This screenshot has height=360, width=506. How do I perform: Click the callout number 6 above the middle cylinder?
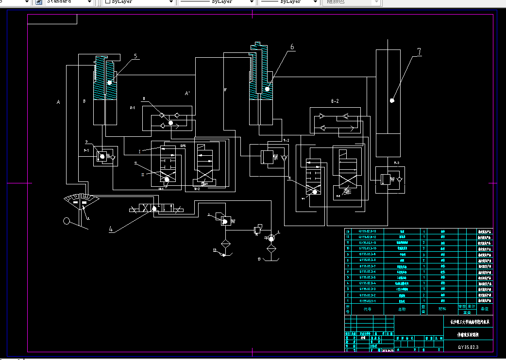tap(292, 47)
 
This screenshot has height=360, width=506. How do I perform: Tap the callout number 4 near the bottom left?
tap(111, 229)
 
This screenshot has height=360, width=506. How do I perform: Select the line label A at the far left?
tap(58, 102)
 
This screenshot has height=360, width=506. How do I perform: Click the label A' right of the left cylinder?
tap(187, 93)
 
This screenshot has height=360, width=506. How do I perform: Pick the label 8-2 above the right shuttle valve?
tap(335, 101)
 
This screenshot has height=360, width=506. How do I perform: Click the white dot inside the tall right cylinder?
tap(392, 100)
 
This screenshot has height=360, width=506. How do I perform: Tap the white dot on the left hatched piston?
tap(110, 82)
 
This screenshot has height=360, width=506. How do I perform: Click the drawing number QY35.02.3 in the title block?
tap(469, 347)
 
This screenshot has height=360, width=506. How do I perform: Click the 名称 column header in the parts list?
tap(402, 309)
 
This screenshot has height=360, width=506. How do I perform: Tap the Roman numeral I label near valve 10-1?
tap(139, 152)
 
